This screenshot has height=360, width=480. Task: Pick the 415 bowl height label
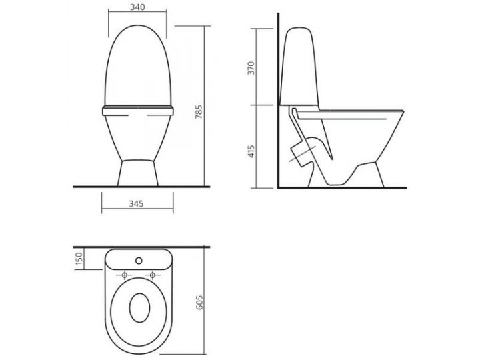click(x=252, y=147)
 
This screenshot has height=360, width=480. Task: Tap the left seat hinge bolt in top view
click(x=125, y=275)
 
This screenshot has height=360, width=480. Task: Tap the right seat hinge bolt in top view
click(x=153, y=275)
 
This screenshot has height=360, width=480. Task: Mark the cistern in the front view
click(x=138, y=67)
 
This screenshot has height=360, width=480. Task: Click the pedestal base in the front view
click(x=138, y=172)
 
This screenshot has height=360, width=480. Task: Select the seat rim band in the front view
click(x=138, y=109)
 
